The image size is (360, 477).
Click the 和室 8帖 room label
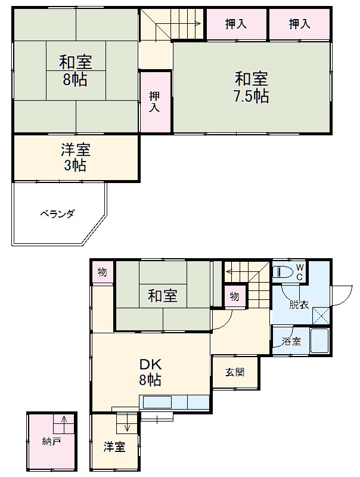[75, 70]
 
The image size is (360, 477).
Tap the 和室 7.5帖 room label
[251, 87]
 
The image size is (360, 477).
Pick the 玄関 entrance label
[235, 373]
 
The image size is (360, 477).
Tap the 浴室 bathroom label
[291, 342]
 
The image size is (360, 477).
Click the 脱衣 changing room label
[299, 305]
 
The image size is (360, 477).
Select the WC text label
[300, 272]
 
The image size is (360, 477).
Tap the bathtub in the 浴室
[319, 342]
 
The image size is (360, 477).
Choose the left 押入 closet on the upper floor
[237, 24]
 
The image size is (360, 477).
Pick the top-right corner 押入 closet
[300, 24]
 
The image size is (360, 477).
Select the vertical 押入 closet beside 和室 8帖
[155, 101]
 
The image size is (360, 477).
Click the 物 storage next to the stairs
[234, 296]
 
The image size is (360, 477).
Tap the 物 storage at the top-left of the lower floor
[103, 272]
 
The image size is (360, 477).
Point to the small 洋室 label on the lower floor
[114, 447]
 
